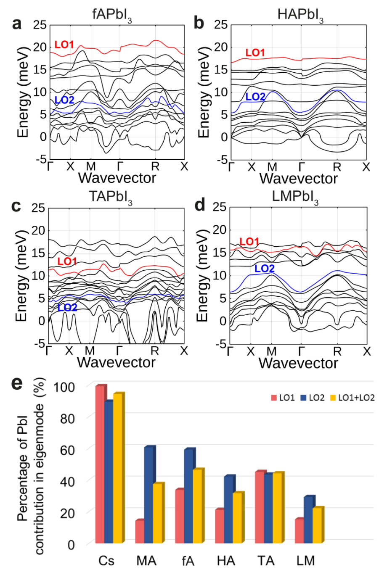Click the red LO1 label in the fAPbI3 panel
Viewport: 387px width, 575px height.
64,44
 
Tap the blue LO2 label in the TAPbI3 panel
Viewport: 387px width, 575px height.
67,307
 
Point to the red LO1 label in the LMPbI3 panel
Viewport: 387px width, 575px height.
249,242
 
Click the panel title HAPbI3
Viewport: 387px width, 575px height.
300,15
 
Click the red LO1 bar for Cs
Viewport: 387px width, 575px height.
100,464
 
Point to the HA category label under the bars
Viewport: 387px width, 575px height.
226,561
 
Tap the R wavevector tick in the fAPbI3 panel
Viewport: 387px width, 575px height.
155,166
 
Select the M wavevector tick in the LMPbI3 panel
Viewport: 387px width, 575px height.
272,351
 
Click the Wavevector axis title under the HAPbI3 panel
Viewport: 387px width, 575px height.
298,179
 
